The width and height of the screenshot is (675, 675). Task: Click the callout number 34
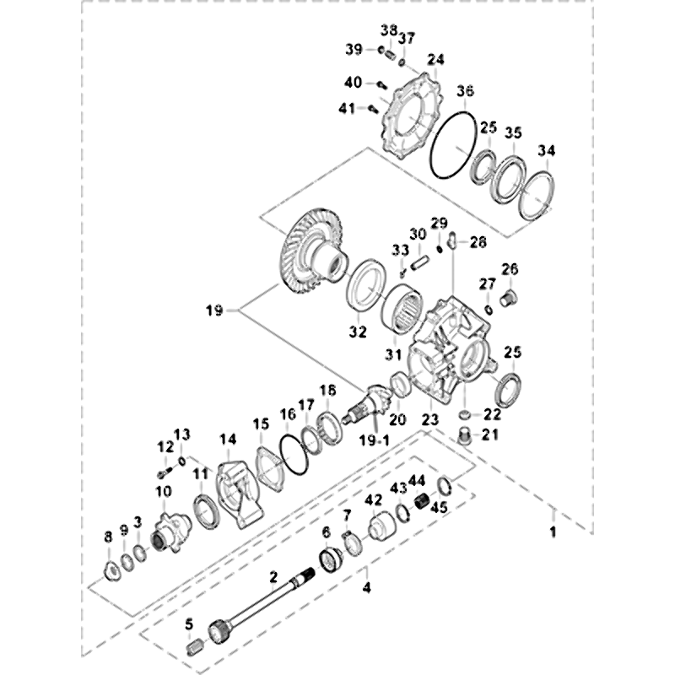click(x=548, y=151)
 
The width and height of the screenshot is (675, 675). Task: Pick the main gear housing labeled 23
click(x=447, y=354)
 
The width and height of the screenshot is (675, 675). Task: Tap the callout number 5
click(x=190, y=625)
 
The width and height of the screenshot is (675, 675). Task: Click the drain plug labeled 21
click(x=463, y=435)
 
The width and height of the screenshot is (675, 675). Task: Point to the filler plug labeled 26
click(x=507, y=298)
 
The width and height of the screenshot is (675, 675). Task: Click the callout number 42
click(x=373, y=499)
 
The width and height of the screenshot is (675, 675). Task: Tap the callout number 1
click(x=553, y=533)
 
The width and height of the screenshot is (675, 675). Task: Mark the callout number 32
click(x=357, y=330)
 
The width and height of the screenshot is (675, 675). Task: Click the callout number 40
click(x=353, y=82)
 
